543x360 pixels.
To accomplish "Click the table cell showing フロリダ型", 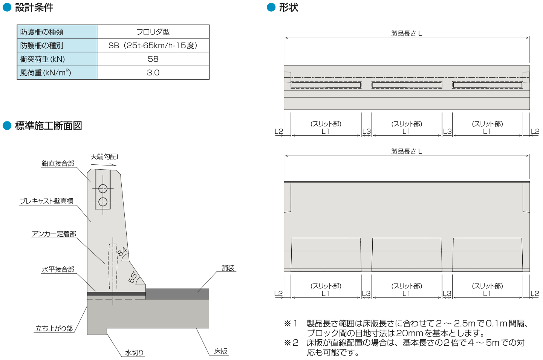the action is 153,32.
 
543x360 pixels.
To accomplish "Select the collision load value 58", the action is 153,59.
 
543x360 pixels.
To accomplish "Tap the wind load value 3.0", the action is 153,72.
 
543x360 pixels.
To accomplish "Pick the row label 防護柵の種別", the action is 42,46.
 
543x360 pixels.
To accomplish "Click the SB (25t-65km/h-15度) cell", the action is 153,45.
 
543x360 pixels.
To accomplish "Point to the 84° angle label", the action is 122,251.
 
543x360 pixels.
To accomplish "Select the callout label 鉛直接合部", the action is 58,163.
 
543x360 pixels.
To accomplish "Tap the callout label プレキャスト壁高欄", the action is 46,201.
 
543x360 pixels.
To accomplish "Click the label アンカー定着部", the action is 54,234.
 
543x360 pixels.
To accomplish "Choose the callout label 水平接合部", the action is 58,269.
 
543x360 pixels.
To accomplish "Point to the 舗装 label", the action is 228,268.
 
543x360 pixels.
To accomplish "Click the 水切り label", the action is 134,352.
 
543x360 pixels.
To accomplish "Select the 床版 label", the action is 220,351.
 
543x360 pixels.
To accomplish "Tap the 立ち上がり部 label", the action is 54,328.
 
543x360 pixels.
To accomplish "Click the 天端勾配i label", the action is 104,157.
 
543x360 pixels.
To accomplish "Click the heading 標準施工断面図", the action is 49,126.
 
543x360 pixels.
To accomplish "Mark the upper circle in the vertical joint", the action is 103,188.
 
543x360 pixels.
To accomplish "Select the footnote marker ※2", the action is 291,343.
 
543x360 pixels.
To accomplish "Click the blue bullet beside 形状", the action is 271,7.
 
